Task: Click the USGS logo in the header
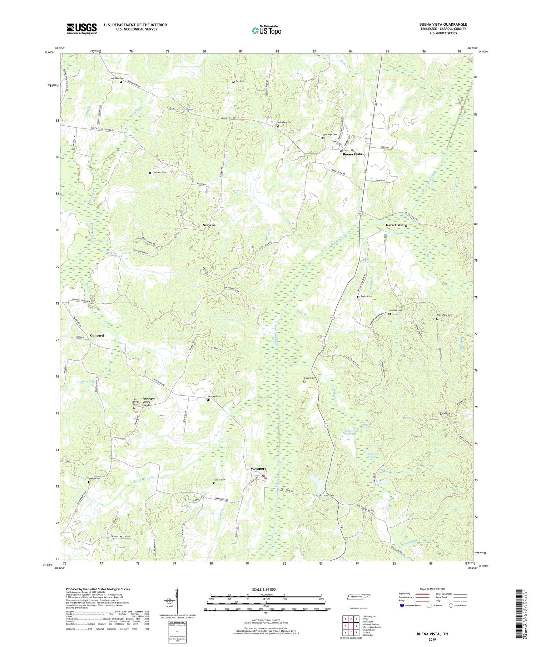[81, 29]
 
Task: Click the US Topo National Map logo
[266, 30]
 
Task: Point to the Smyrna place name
[209, 226]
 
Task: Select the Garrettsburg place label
[396, 226]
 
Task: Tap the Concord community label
[97, 335]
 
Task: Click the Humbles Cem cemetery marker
[120, 82]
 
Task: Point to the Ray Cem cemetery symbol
[233, 82]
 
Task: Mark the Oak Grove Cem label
[445, 315]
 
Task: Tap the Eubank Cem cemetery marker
[304, 381]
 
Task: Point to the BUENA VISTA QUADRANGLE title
[443, 24]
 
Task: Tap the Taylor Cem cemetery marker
[358, 297]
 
